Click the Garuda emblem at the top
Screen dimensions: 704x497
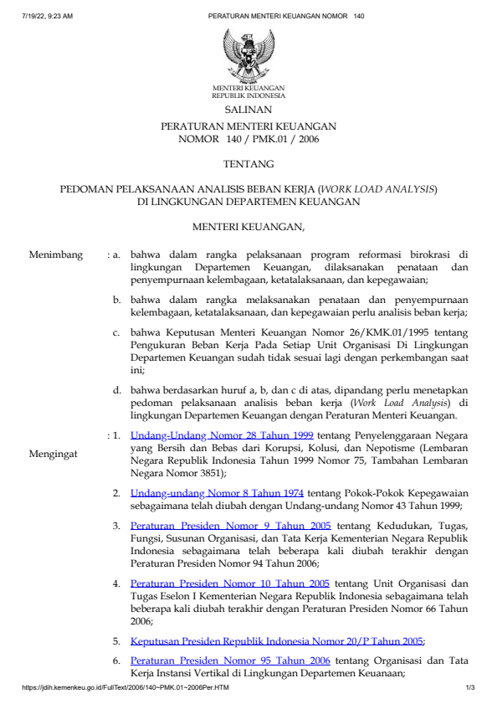point(248,54)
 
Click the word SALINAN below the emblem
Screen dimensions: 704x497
point(248,110)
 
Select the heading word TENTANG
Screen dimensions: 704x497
point(248,164)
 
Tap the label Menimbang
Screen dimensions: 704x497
point(55,254)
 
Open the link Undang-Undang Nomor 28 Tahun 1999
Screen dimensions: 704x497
point(222,436)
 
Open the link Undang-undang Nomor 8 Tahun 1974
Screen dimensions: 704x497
point(217,493)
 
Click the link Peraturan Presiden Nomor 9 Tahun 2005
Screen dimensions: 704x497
point(230,526)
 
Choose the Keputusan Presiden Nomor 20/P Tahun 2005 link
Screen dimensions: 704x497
point(277,641)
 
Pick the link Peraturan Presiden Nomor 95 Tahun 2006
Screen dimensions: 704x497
point(230,660)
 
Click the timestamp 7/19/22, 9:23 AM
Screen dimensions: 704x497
point(48,16)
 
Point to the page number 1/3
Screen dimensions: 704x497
point(470,688)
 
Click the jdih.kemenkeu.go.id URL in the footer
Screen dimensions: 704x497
point(126,688)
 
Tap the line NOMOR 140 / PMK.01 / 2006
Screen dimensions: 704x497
point(248,139)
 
